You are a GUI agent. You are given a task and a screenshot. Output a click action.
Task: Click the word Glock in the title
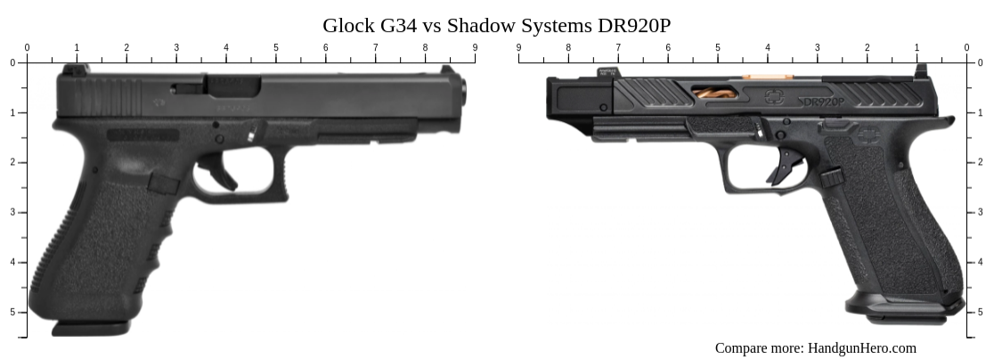349,25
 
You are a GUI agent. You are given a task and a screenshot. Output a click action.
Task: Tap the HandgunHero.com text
861,348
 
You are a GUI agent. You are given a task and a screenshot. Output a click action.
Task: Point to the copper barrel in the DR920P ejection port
713,95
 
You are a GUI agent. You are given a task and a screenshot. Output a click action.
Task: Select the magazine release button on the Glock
163,184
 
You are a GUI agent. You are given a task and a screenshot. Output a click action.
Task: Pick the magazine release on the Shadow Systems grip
831,177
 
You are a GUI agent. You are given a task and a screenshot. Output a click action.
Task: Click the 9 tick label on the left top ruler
475,47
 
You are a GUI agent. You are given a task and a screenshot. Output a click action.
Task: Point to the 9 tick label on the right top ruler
518,47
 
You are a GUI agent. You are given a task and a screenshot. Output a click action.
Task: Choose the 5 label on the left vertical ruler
12,312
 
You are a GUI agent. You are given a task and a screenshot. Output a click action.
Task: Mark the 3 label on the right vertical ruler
982,212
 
